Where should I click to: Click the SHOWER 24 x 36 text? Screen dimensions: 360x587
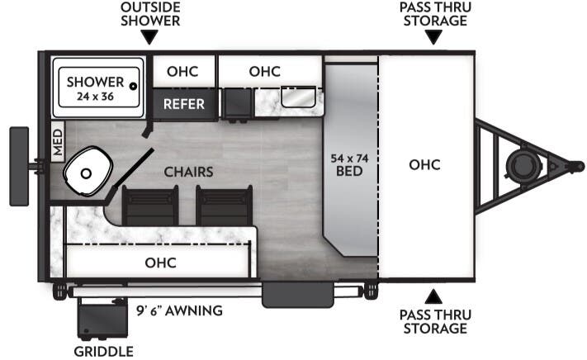pyautogui.click(x=95, y=88)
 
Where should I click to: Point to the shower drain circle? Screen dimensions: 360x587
pyautogui.click(x=132, y=83)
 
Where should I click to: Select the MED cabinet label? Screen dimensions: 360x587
pyautogui.click(x=58, y=142)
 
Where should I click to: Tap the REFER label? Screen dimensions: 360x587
pyautogui.click(x=183, y=104)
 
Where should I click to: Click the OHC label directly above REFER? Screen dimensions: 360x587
pyautogui.click(x=183, y=71)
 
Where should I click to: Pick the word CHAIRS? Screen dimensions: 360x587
pyautogui.click(x=188, y=172)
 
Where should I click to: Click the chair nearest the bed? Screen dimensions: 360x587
pyautogui.click(x=223, y=204)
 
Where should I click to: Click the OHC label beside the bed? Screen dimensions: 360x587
pyautogui.click(x=424, y=164)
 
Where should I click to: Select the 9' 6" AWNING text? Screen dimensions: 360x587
pyautogui.click(x=179, y=310)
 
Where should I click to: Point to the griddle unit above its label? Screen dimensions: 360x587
pyautogui.click(x=101, y=318)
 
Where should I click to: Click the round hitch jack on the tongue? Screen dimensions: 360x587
pyautogui.click(x=522, y=165)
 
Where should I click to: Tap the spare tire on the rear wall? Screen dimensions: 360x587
pyautogui.click(x=17, y=166)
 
